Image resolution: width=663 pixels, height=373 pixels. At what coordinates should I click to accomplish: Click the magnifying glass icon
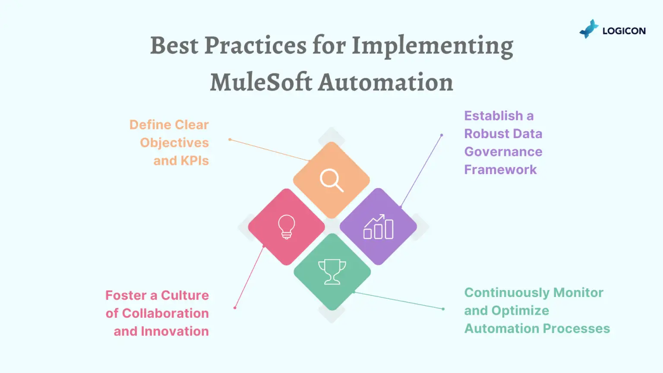click(x=331, y=180)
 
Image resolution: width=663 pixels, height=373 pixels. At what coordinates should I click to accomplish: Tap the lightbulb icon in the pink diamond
click(x=287, y=227)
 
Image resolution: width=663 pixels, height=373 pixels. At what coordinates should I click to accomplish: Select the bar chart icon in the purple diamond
click(x=378, y=227)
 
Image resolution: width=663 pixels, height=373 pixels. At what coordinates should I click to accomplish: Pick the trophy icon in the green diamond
click(x=332, y=272)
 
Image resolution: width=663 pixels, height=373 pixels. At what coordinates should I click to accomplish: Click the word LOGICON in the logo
click(x=624, y=31)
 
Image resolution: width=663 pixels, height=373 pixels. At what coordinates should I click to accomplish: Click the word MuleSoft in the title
click(x=261, y=82)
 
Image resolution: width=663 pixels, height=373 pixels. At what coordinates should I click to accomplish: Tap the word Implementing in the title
click(x=433, y=47)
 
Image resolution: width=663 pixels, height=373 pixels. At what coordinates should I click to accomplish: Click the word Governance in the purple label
click(x=503, y=152)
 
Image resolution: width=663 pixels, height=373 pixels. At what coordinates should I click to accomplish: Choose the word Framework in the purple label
click(x=500, y=170)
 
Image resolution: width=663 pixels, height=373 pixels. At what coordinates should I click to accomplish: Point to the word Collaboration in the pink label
click(x=165, y=313)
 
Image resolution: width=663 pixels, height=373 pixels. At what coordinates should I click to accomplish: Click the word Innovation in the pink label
click(x=175, y=331)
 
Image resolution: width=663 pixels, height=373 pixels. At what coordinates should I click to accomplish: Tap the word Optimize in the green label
click(x=520, y=311)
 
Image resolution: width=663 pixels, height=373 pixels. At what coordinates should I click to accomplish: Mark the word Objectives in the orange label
click(x=174, y=143)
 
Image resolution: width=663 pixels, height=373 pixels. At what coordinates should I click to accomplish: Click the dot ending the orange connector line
click(x=230, y=139)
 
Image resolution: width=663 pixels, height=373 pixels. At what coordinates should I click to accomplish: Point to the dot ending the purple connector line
click(x=442, y=135)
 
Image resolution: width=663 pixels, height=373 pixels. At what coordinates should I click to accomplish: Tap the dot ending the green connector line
click(x=443, y=309)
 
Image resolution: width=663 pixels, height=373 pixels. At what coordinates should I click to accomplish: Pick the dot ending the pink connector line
click(x=235, y=308)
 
